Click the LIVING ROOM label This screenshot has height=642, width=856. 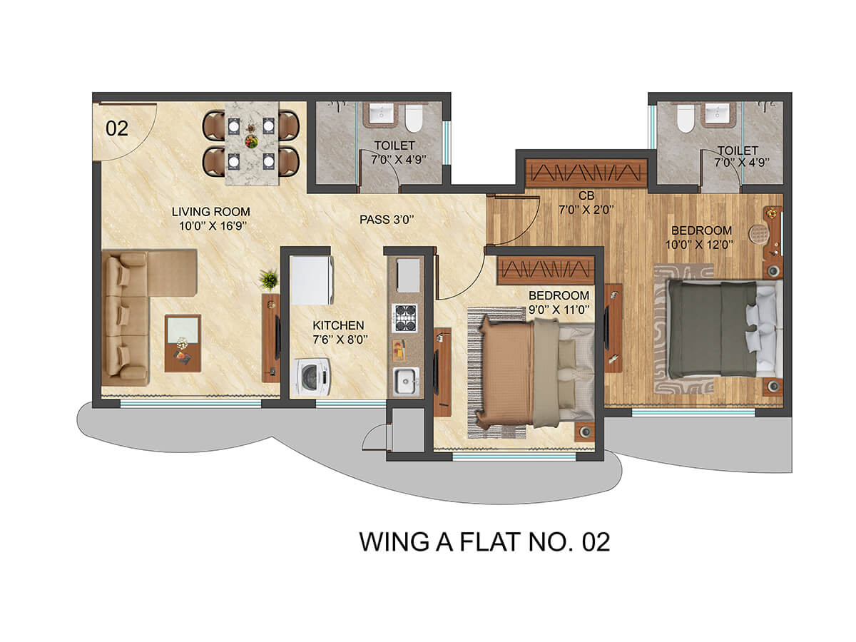pos(210,212)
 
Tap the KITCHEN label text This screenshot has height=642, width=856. pos(338,325)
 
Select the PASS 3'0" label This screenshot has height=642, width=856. pos(387,220)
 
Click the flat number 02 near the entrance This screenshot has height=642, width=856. pos(116,128)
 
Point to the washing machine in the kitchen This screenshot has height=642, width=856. pos(312,377)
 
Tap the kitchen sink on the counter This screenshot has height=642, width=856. pos(406,380)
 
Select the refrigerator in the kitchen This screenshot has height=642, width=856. pos(312,280)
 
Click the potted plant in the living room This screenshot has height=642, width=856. pos(269,279)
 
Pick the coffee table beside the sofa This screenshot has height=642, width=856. pos(183,343)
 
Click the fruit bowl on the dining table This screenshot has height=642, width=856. pos(251,141)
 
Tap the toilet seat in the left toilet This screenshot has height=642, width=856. pos(414,118)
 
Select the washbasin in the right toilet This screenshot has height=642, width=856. pos(717,114)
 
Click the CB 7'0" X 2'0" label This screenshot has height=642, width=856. pos(586,203)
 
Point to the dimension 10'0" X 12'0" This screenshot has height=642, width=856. pos(699,245)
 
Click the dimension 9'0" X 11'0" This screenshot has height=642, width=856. pos(559,310)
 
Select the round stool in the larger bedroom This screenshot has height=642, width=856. pos(757,233)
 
